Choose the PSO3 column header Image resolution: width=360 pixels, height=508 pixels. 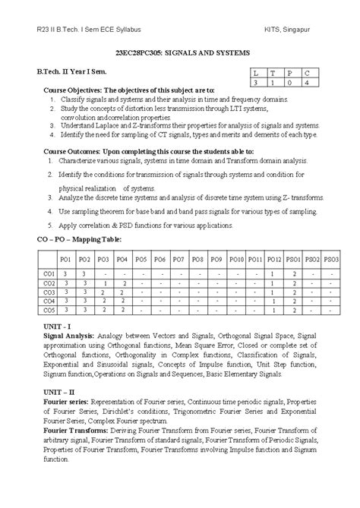click(331, 259)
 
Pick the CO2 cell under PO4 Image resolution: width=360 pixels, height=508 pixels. click(122, 282)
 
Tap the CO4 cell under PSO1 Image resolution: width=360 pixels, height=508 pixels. click(293, 301)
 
